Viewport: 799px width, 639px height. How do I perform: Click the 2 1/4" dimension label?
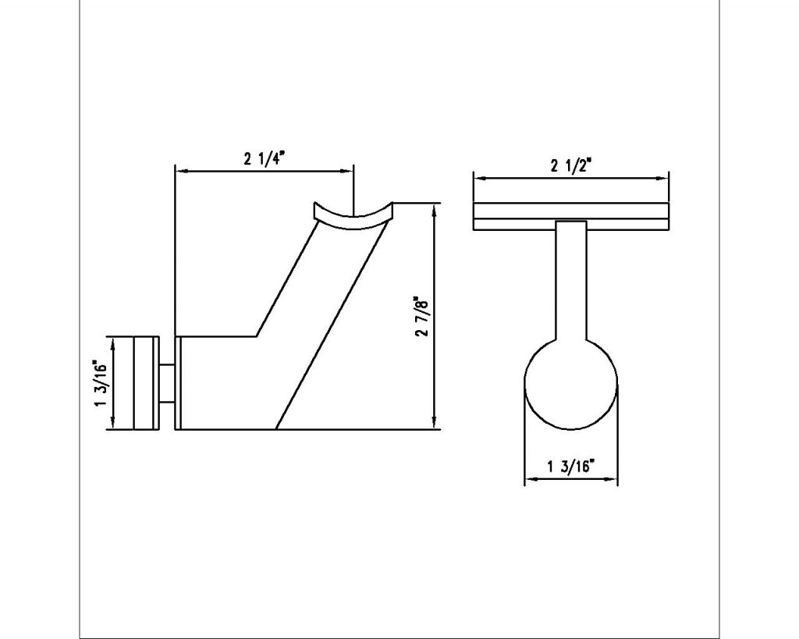[x=264, y=159]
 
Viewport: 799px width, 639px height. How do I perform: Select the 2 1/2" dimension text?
[x=571, y=165]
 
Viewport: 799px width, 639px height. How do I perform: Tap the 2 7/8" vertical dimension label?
[x=422, y=316]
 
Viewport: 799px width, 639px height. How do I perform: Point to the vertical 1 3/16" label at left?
[x=99, y=382]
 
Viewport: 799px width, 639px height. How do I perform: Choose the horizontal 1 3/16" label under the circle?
[x=571, y=467]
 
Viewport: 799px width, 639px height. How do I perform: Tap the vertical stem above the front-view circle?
[x=571, y=281]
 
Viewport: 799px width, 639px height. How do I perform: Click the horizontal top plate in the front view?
[x=571, y=217]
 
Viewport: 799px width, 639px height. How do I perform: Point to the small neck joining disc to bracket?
[x=168, y=382]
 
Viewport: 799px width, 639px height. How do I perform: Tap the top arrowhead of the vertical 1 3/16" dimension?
[x=115, y=342]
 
